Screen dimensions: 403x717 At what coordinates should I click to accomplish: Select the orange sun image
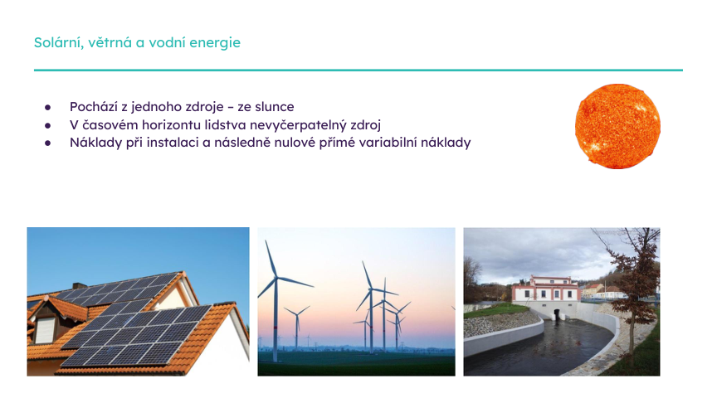click(617, 126)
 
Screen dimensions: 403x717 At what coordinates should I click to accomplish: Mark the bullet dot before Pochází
click(48, 108)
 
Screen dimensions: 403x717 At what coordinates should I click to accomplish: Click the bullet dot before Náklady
click(48, 143)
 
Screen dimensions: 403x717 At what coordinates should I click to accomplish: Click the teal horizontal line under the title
click(358, 70)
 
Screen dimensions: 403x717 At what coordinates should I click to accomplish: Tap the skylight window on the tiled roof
click(45, 329)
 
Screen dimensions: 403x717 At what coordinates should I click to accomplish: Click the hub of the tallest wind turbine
click(274, 279)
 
